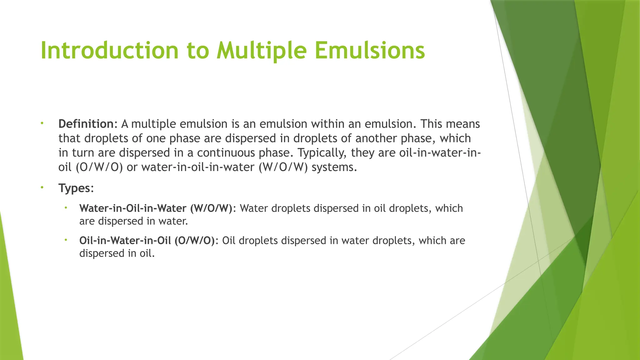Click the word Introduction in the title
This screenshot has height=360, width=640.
click(x=109, y=51)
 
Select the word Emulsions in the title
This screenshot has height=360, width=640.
click(x=369, y=51)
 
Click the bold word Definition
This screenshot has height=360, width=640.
click(x=86, y=124)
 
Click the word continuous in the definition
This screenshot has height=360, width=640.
click(x=226, y=153)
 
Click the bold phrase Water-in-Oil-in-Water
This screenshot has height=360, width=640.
click(x=133, y=208)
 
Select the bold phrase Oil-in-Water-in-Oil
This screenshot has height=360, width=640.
click(x=125, y=241)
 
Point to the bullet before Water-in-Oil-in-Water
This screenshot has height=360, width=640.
click(x=66, y=208)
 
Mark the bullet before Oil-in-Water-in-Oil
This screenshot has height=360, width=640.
click(x=66, y=240)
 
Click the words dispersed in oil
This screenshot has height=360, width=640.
click(x=117, y=253)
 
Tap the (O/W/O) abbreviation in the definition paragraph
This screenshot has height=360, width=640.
click(x=99, y=167)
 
